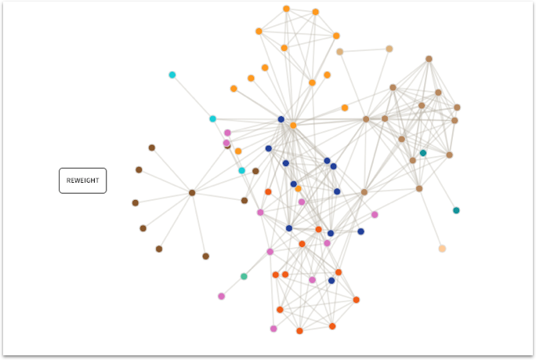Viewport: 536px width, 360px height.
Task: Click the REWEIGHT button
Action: (82, 180)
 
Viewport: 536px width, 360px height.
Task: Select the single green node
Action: (244, 276)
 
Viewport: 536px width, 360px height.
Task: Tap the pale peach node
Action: (442, 249)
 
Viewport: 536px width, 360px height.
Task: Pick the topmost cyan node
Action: (172, 75)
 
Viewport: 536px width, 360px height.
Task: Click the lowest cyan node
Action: (241, 170)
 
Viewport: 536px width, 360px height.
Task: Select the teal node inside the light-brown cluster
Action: (423, 153)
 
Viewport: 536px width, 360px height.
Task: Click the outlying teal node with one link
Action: (456, 210)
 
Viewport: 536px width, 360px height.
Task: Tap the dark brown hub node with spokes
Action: (192, 192)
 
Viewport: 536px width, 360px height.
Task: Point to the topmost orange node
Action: (286, 9)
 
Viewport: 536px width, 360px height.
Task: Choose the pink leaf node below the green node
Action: (221, 296)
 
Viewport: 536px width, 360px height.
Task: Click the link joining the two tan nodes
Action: (364, 50)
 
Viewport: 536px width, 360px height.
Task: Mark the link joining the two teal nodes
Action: (440, 182)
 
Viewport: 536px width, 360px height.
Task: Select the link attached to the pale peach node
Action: (431, 219)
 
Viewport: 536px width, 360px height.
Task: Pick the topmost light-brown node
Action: (429, 59)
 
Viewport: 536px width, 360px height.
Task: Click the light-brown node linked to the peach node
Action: (419, 188)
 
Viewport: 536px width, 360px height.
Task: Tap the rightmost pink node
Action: (375, 214)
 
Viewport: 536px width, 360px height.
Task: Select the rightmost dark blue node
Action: (360, 231)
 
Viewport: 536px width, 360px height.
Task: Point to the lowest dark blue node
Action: (331, 280)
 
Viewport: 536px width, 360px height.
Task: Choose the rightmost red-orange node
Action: (356, 300)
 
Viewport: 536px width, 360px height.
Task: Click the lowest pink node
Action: (273, 329)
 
